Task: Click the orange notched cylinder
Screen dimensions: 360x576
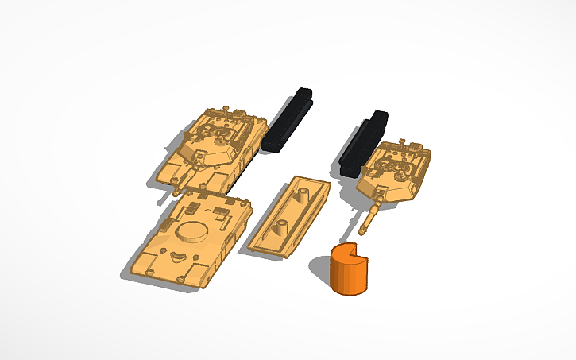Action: (348, 269)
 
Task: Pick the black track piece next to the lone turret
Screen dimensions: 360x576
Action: (363, 144)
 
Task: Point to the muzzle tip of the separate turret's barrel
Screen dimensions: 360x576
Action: (362, 232)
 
